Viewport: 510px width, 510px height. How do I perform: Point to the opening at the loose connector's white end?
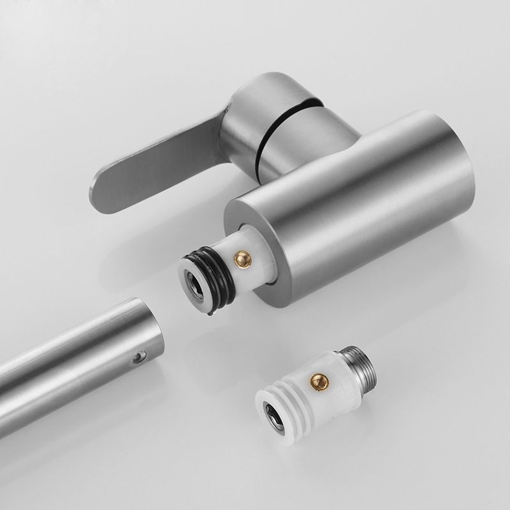pos(269,414)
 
